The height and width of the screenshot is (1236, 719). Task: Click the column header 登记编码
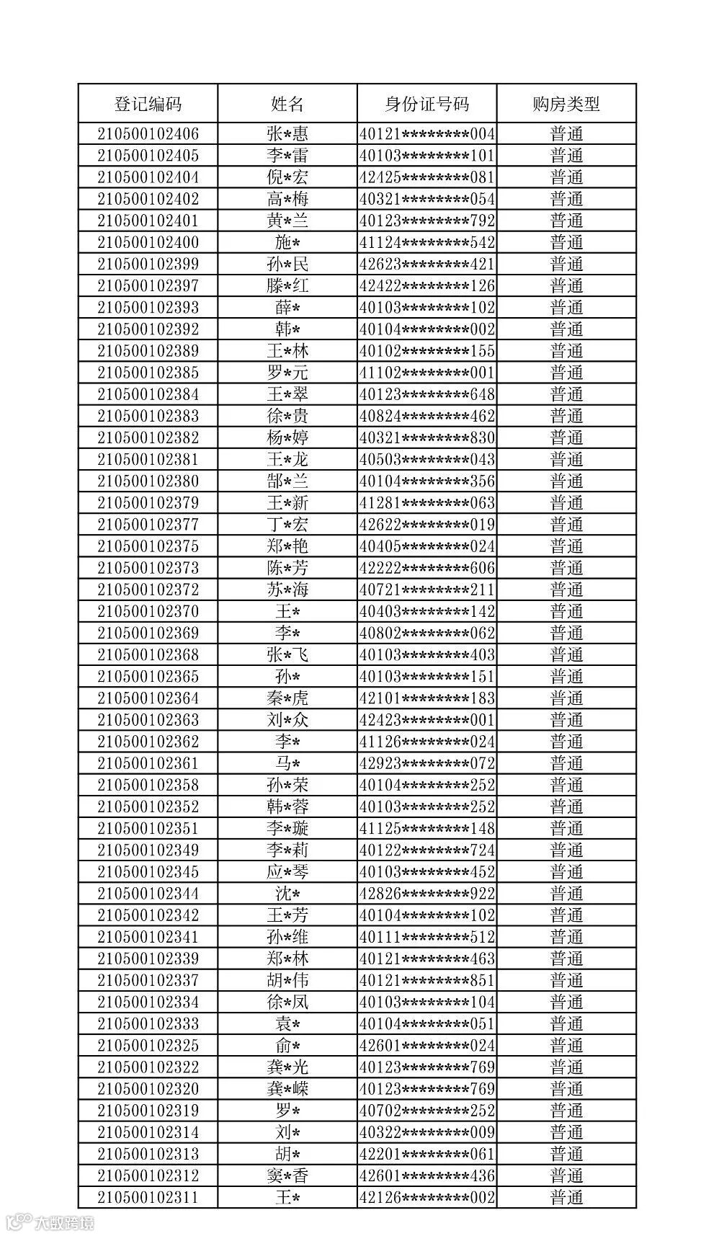148,104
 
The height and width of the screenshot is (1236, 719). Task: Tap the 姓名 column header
287,104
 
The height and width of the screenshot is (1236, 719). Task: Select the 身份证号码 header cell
427,104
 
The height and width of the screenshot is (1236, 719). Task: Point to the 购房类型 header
566,104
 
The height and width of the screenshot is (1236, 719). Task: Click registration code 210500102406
148,134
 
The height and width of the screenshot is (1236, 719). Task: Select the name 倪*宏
287,177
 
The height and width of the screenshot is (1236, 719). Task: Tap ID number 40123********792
427,221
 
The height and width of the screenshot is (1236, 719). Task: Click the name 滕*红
287,285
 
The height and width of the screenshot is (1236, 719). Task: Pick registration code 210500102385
148,373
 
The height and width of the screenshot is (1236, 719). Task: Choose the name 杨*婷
287,437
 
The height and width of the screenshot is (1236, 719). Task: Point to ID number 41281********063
427,502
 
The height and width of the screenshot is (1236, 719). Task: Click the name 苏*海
287,590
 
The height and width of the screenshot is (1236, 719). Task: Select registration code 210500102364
148,698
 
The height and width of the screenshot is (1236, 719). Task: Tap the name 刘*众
287,719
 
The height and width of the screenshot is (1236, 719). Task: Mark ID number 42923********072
427,763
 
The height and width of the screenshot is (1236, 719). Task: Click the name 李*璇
287,828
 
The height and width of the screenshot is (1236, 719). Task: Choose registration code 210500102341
148,937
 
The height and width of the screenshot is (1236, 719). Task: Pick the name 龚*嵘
287,1088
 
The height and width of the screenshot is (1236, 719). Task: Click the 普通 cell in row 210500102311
566,1197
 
